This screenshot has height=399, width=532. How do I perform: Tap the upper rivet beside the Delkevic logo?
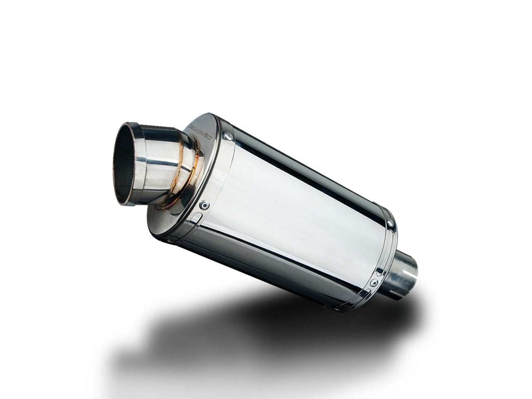click(228, 136)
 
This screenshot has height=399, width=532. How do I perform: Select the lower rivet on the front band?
click(204, 204)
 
